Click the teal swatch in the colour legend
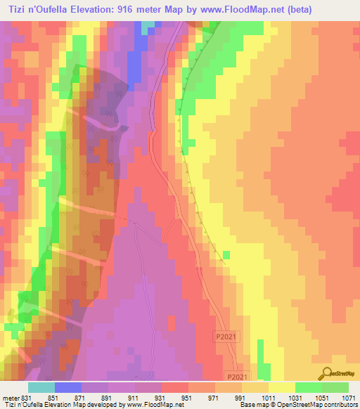coord(41,387)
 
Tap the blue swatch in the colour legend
coord(68,387)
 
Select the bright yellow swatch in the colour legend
coord(282,387)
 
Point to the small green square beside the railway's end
coord(226,254)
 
